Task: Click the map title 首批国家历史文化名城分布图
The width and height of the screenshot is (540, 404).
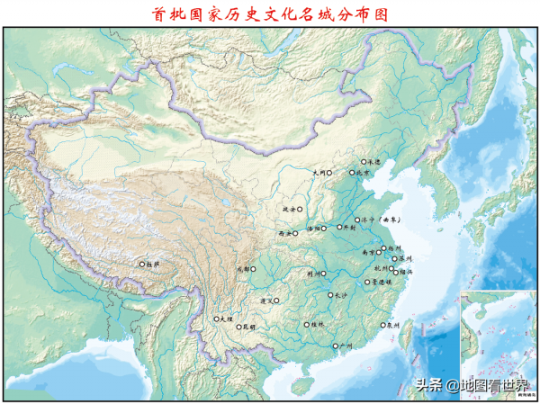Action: [x=269, y=13]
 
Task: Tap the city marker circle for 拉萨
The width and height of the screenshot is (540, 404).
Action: [x=140, y=265]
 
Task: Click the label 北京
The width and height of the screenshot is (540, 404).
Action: [x=364, y=173]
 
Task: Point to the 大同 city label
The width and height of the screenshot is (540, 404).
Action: [x=319, y=172]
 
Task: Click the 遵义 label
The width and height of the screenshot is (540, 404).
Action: [x=265, y=301]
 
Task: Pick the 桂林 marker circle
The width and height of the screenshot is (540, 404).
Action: [x=306, y=324]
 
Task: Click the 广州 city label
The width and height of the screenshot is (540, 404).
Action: [x=345, y=346]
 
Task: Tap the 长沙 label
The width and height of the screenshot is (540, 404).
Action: [x=339, y=294]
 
